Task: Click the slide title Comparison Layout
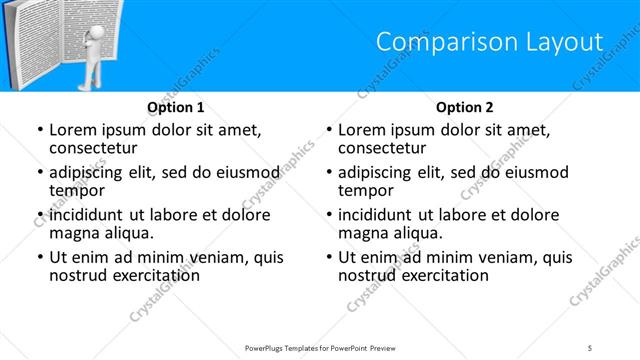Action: [489, 41]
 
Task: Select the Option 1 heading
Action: [176, 107]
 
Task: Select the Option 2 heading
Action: [465, 107]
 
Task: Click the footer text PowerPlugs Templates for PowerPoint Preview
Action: [320, 347]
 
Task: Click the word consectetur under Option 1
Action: [99, 148]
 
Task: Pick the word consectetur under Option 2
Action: [388, 148]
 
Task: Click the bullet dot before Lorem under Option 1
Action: [39, 130]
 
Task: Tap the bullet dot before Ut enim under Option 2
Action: [328, 258]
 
